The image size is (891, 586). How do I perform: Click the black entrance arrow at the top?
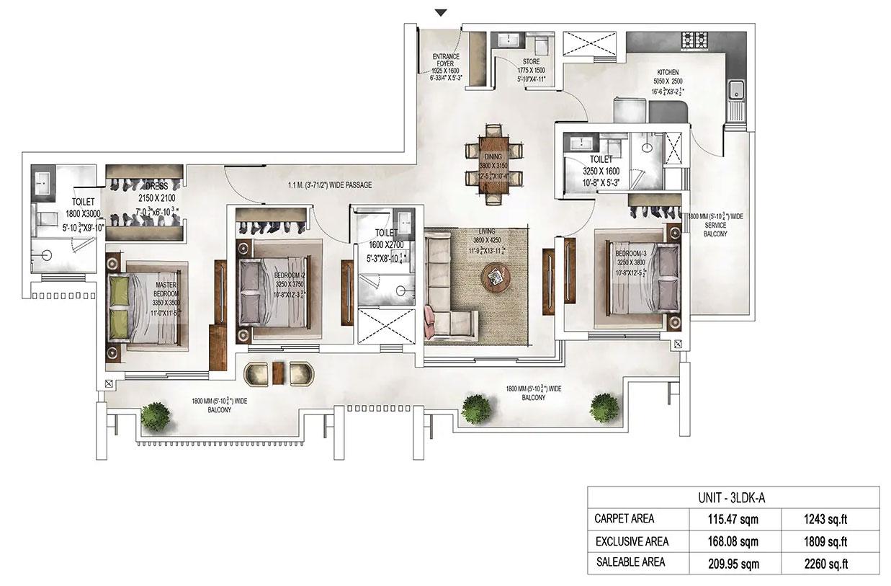tap(442, 12)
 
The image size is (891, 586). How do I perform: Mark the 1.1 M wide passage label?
tap(327, 185)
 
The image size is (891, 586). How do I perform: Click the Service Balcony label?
tap(715, 224)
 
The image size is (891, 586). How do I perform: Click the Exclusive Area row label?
tap(632, 541)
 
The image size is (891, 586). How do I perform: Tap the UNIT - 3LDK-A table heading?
tap(733, 497)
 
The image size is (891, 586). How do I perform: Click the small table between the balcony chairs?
tap(279, 373)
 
